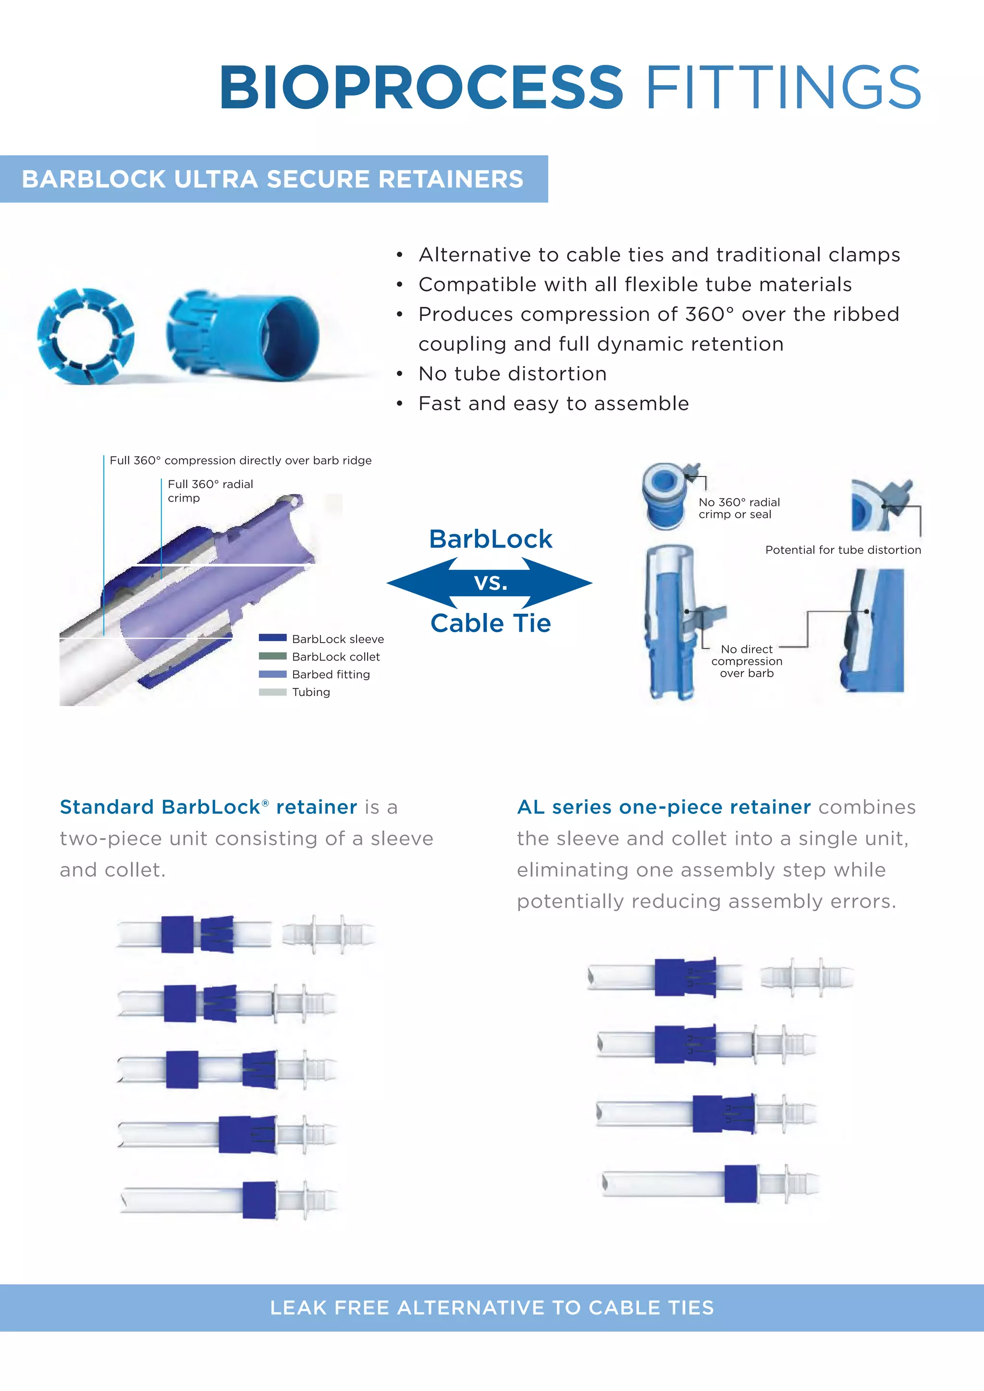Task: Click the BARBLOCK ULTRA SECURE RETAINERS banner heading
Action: pos(272,179)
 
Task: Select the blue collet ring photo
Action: pos(85,336)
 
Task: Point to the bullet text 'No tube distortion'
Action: pos(513,374)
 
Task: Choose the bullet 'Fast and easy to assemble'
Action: pos(553,403)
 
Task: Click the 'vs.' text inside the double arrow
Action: pos(490,583)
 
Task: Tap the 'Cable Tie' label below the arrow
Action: pos(490,623)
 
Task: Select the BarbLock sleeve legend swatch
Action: pos(272,638)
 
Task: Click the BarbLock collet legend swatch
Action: pos(272,656)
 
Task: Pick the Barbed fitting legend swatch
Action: pos(272,674)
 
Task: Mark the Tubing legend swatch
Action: pos(272,692)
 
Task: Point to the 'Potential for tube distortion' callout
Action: pos(843,549)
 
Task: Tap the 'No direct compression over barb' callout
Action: pos(747,661)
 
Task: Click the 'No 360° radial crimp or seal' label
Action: pos(738,508)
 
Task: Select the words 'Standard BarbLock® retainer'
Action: pos(209,807)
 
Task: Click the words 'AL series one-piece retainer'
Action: pos(664,807)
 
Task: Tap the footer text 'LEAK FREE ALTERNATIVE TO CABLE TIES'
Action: pos(492,1307)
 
